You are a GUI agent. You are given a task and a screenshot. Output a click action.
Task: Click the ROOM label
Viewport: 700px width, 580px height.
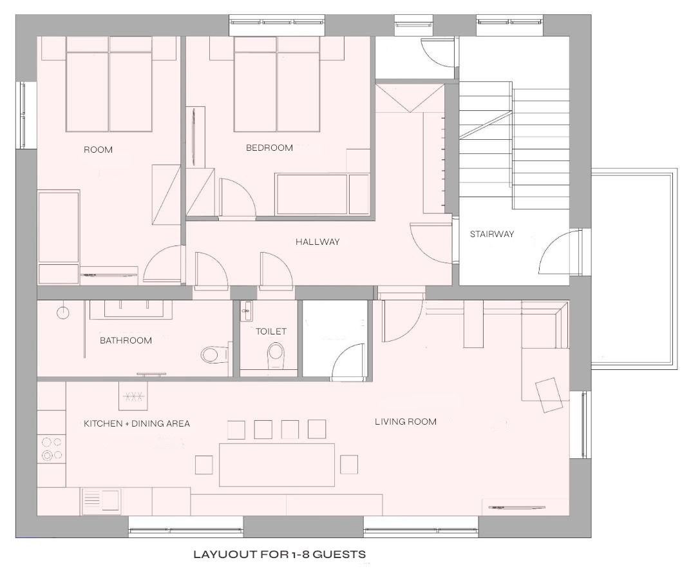tap(99, 150)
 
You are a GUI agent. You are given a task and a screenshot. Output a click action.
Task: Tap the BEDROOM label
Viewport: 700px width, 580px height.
tap(270, 148)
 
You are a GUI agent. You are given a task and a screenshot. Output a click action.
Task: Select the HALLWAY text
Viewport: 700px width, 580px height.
tap(317, 242)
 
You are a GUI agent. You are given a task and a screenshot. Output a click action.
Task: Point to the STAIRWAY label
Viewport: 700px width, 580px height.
tap(492, 234)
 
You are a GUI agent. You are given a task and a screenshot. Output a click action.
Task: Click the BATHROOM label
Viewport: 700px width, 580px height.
tap(126, 340)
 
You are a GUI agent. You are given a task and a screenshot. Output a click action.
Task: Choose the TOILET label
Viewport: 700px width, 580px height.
tap(271, 331)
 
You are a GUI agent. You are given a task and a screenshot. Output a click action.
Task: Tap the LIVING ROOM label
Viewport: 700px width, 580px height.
tap(406, 421)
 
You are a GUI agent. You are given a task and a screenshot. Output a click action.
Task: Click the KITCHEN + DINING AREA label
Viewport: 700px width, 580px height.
tap(137, 423)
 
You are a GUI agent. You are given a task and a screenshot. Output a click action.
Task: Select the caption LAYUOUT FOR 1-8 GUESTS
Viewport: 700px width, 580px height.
tap(280, 554)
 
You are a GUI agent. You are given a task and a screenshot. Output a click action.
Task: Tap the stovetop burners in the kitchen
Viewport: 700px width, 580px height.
tap(52, 449)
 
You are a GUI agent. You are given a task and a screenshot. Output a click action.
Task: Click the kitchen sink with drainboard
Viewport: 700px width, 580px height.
tap(101, 500)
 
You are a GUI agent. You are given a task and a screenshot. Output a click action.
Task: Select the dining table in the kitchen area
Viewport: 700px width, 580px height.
tap(277, 465)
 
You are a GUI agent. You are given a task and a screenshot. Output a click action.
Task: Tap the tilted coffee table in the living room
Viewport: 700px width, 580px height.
tap(549, 395)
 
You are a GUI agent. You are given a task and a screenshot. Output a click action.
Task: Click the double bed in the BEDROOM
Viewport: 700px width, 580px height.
tap(277, 84)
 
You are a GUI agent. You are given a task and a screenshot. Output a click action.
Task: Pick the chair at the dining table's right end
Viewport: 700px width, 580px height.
tap(349, 465)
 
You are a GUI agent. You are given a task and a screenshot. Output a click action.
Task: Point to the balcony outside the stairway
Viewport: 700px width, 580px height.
tap(634, 269)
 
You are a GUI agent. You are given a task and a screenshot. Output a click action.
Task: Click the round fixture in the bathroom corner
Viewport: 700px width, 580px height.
tap(63, 313)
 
